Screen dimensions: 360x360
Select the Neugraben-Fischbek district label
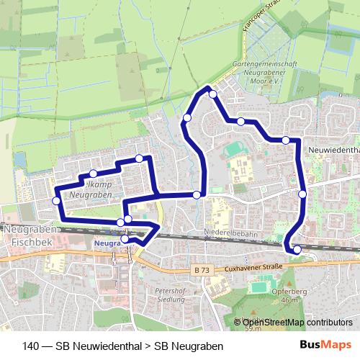[27, 235]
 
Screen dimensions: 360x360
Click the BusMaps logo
[331, 345]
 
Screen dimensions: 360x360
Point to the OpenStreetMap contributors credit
[297, 323]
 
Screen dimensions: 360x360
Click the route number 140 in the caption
[31, 346]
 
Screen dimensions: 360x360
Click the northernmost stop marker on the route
[212, 94]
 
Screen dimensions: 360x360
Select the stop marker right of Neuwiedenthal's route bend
[302, 194]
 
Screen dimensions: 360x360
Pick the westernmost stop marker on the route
[56, 200]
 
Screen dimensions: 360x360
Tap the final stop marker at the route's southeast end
[297, 250]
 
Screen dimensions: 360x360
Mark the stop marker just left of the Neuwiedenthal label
[286, 140]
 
